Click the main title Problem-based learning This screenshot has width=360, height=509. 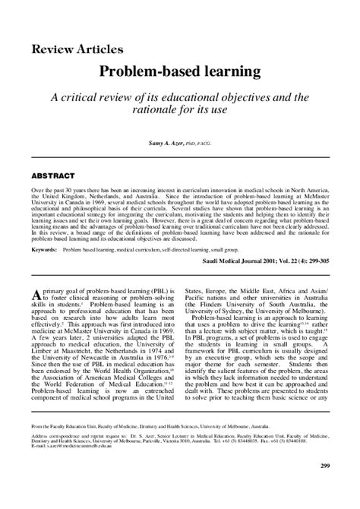(x=179, y=74)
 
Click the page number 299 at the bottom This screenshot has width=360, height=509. (x=324, y=487)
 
